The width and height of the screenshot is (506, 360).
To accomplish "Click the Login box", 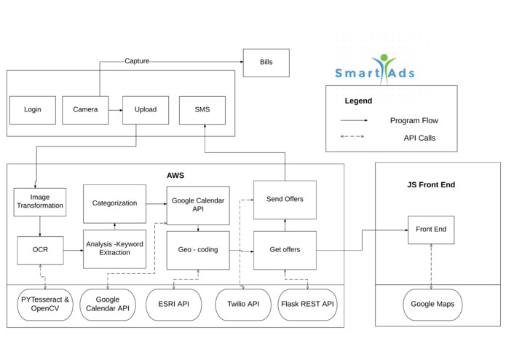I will click(33, 110).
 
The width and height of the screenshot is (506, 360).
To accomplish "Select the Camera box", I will click(85, 110).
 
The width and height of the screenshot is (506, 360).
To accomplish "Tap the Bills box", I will click(266, 63).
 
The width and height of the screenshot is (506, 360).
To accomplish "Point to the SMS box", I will click(202, 110).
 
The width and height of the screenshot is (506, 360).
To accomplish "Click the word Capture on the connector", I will click(137, 61).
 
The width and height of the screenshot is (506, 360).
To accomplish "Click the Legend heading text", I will click(358, 101).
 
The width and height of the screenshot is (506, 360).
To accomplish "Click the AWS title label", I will click(175, 175).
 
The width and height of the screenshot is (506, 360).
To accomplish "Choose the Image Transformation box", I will click(39, 202).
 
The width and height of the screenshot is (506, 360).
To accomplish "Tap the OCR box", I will click(40, 250).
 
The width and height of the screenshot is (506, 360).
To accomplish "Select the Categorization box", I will click(114, 203).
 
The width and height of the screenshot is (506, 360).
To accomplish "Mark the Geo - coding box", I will click(197, 249).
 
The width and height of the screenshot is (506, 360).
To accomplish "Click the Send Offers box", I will click(285, 199).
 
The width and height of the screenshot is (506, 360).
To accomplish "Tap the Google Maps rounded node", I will click(432, 305).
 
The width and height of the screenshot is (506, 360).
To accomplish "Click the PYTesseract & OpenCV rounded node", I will click(45, 305).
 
